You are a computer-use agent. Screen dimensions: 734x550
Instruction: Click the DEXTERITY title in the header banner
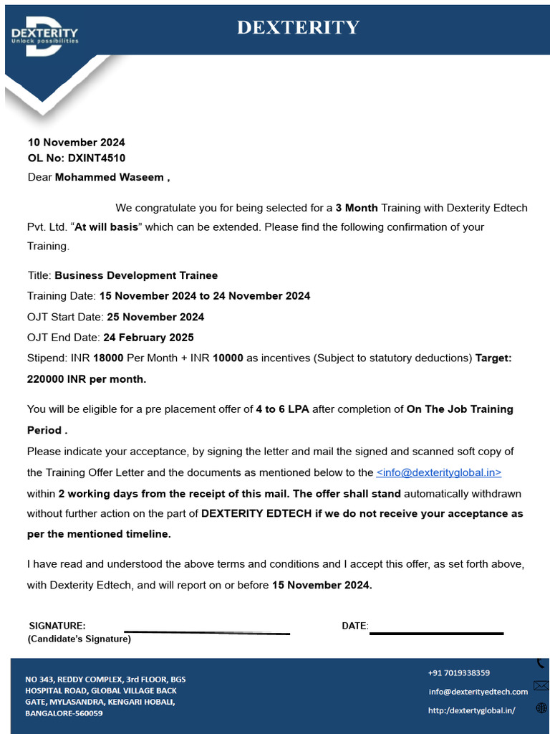[298, 27]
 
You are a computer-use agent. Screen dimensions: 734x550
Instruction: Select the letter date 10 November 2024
[76, 143]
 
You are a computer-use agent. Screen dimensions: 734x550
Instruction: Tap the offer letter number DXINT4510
[97, 158]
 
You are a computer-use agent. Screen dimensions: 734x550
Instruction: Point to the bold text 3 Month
[357, 208]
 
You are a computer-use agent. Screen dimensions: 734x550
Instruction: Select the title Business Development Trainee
[136, 275]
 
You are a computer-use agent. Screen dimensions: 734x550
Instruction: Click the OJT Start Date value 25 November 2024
[155, 317]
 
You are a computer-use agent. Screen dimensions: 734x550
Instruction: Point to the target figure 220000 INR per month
[86, 378]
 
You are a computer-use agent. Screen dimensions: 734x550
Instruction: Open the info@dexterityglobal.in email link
[438, 472]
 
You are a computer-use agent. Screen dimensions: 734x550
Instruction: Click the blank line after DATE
[436, 633]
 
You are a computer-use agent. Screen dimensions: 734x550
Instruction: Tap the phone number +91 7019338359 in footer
[459, 673]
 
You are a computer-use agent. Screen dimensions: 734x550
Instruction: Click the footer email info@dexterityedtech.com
[478, 692]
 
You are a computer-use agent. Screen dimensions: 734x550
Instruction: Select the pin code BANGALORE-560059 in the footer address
[64, 713]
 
